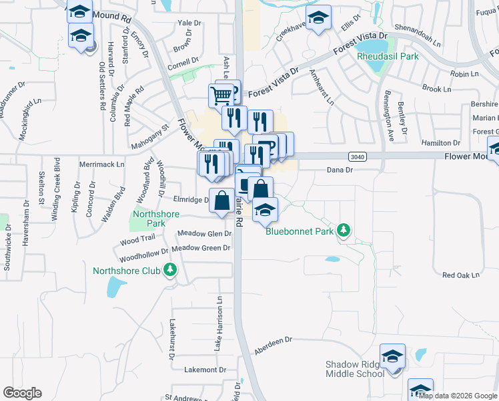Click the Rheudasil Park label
click(x=388, y=57)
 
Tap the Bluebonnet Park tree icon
click(x=344, y=231)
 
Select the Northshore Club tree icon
click(x=171, y=269)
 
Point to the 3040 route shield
click(x=357, y=156)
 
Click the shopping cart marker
click(x=220, y=94)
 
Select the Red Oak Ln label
click(x=461, y=275)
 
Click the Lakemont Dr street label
click(x=201, y=370)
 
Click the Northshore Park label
click(x=149, y=219)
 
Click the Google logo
click(x=22, y=393)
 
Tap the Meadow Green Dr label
click(x=201, y=248)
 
